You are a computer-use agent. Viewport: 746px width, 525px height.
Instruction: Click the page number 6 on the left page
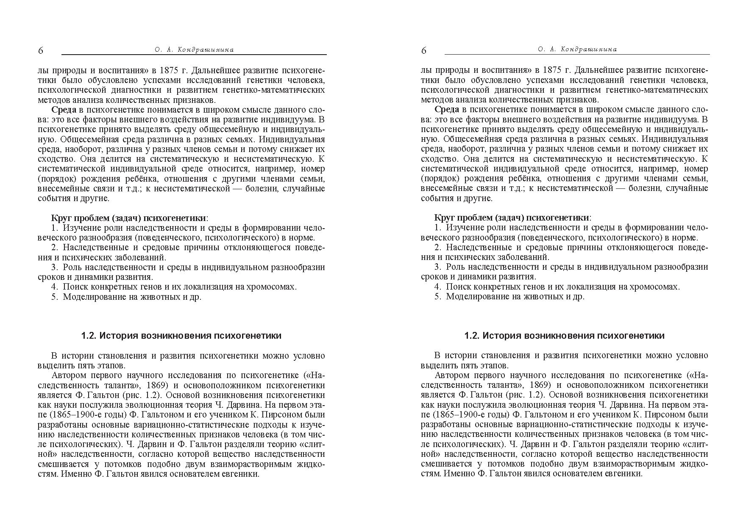(x=41, y=51)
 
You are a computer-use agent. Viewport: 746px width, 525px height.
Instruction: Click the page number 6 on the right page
(x=424, y=51)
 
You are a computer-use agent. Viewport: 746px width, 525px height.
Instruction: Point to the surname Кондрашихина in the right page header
(x=589, y=49)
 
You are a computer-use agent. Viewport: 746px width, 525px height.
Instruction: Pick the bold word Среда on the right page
(x=447, y=110)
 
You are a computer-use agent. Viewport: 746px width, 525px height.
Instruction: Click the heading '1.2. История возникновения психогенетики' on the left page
(x=181, y=336)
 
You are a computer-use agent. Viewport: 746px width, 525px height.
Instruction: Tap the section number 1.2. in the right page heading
(x=472, y=336)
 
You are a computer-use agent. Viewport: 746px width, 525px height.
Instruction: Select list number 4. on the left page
(x=54, y=287)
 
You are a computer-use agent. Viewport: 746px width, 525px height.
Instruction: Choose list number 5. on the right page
(x=437, y=296)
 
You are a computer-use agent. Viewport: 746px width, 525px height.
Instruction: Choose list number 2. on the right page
(x=437, y=247)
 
